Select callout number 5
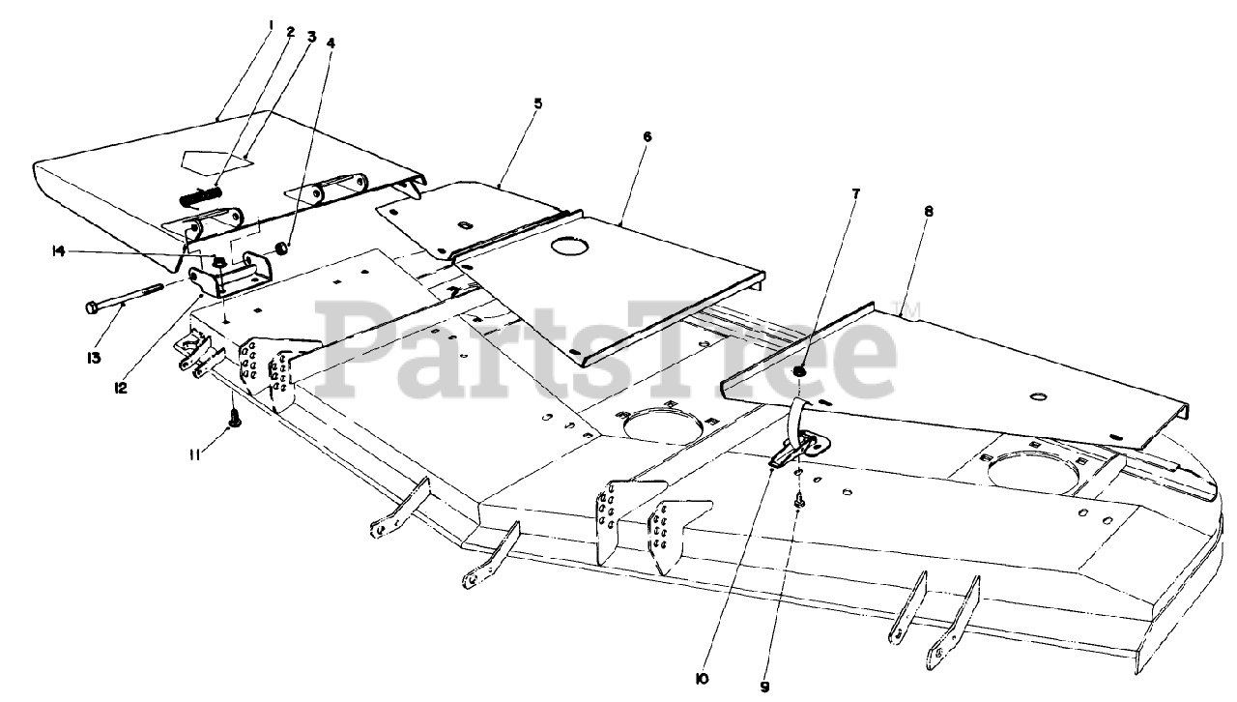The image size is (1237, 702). point(538,102)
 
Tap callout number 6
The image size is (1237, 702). point(647,136)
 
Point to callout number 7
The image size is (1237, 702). point(853,193)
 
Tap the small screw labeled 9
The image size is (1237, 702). point(799,501)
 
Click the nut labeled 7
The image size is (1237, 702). point(801,371)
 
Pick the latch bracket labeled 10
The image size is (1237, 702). point(798,447)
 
